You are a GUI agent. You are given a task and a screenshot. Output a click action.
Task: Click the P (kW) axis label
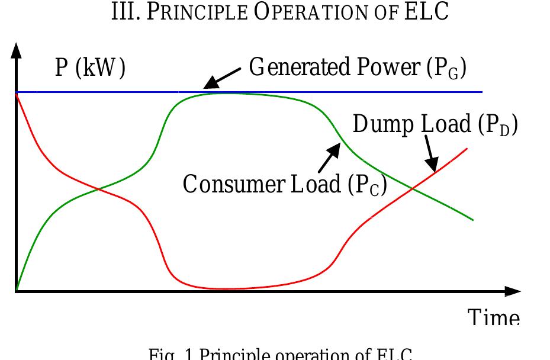click(x=90, y=69)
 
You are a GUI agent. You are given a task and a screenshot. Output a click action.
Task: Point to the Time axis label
click(x=494, y=318)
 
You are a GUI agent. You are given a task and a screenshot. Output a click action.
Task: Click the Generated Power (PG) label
click(x=358, y=68)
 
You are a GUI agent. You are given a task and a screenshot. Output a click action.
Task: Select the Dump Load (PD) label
click(x=435, y=125)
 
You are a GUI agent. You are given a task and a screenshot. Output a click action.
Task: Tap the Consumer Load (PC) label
click(x=285, y=184)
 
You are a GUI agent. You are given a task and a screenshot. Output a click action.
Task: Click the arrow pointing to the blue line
click(x=221, y=78)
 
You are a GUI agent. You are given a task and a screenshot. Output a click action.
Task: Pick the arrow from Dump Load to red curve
click(x=431, y=152)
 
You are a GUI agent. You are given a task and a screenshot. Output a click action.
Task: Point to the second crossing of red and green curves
click(x=413, y=188)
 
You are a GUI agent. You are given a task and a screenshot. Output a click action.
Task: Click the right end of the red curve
click(x=467, y=149)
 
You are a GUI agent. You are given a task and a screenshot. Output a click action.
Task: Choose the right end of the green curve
click(x=472, y=220)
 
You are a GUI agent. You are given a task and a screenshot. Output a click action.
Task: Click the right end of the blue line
click(x=482, y=92)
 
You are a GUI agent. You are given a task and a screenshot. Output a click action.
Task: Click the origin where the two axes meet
click(x=17, y=291)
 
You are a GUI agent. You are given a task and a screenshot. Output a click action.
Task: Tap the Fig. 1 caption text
click(x=280, y=354)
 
